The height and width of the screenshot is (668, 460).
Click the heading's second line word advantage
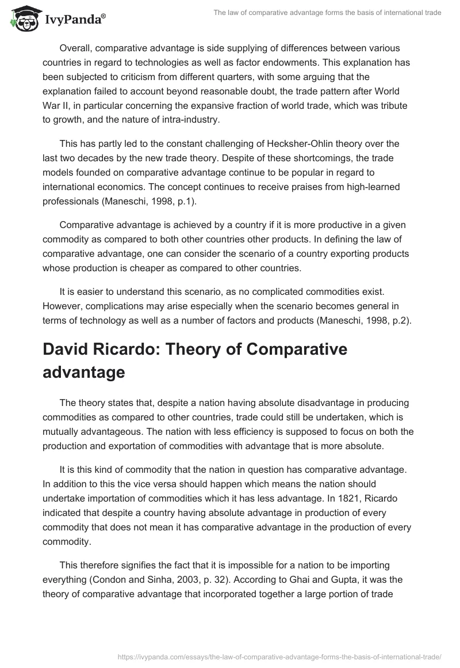(83, 356)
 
